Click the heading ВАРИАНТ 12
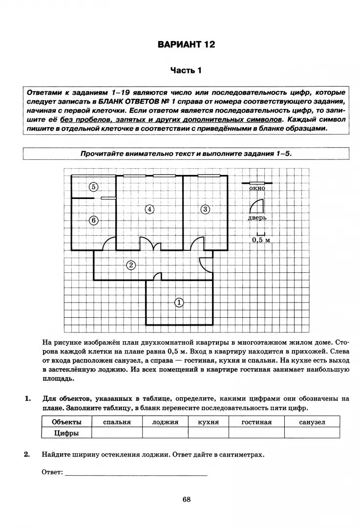pyautogui.click(x=186, y=45)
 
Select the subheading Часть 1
pyautogui.click(x=186, y=70)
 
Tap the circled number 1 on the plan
pyautogui.click(x=179, y=303)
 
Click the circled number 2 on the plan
pyautogui.click(x=130, y=265)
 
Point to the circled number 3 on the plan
pyautogui.click(x=205, y=209)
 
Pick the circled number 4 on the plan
pyautogui.click(x=149, y=209)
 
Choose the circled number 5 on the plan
pyautogui.click(x=94, y=187)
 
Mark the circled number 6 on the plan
pyautogui.click(x=94, y=220)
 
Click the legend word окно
pyautogui.click(x=257, y=188)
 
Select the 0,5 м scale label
pyautogui.click(x=261, y=240)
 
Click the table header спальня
pyautogui.click(x=117, y=421)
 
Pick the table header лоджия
pyautogui.click(x=165, y=421)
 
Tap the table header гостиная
pyautogui.click(x=256, y=421)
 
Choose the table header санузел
pyautogui.click(x=312, y=421)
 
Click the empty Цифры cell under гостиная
pyautogui.click(x=256, y=433)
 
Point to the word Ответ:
pyautogui.click(x=52, y=472)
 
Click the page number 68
pyautogui.click(x=186, y=499)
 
